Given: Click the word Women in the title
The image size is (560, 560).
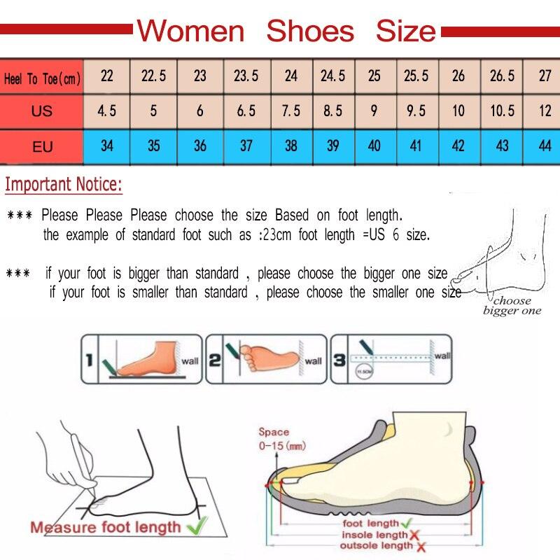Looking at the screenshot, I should (x=190, y=31).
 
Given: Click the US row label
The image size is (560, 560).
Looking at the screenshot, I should (x=42, y=111).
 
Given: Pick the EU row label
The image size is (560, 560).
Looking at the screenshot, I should (x=42, y=147).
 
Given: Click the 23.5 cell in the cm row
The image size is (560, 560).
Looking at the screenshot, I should (x=246, y=76).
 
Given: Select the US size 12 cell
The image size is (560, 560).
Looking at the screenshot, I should (x=545, y=111).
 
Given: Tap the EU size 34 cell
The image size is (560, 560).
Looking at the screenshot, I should (x=107, y=146).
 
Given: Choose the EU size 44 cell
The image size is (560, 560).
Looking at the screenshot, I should (x=545, y=146).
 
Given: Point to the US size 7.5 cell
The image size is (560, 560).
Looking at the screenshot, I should (x=291, y=111).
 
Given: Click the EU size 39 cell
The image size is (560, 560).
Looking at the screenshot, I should (x=332, y=146).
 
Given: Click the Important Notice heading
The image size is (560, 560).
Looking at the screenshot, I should (x=64, y=185).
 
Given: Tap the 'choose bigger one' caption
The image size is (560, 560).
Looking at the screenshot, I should (x=512, y=306).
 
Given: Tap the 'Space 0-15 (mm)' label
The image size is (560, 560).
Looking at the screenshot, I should (x=281, y=439).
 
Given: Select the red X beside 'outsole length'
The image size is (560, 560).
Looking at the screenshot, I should (x=420, y=545).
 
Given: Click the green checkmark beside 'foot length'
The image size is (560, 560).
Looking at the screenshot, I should (x=406, y=523).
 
